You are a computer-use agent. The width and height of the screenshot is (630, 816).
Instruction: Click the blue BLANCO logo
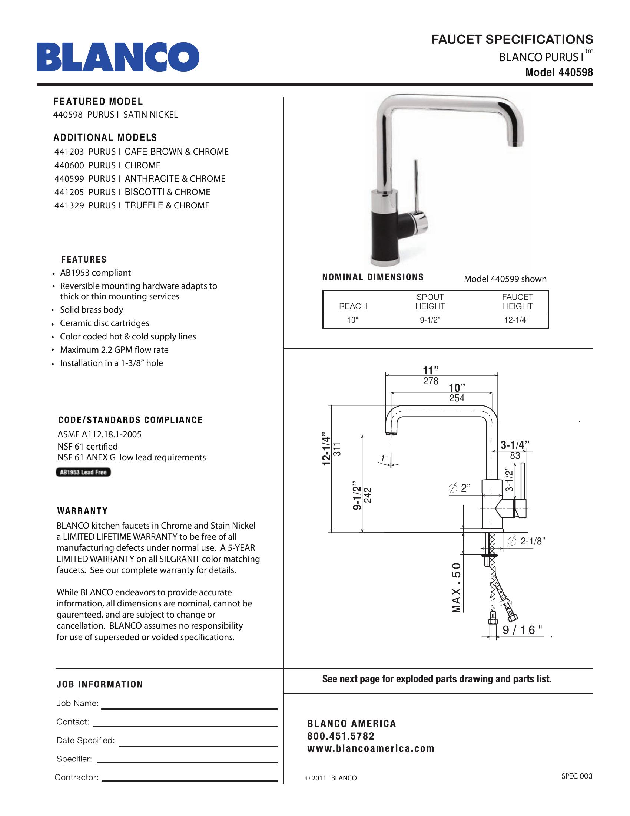pyautogui.click(x=117, y=57)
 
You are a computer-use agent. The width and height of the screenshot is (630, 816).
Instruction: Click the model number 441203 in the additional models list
pyautogui.click(x=69, y=152)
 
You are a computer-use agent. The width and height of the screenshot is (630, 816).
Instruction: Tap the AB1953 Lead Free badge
pyautogui.click(x=83, y=472)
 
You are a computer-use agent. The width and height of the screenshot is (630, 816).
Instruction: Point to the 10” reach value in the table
pyautogui.click(x=352, y=320)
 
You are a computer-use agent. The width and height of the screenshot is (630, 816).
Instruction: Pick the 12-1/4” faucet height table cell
pyautogui.click(x=517, y=320)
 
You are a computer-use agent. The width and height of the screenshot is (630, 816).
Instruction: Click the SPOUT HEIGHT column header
pyautogui.click(x=430, y=302)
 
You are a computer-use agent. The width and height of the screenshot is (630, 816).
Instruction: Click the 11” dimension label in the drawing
pyautogui.click(x=430, y=370)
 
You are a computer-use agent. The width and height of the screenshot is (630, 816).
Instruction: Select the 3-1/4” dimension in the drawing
pyautogui.click(x=515, y=445)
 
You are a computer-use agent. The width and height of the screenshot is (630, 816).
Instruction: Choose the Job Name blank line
pyautogui.click(x=190, y=708)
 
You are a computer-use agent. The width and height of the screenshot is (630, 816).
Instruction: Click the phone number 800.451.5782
pyautogui.click(x=341, y=736)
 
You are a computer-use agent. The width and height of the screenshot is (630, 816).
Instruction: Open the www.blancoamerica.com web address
pyautogui.click(x=371, y=748)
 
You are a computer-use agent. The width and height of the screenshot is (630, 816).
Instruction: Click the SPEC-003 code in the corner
pyautogui.click(x=577, y=776)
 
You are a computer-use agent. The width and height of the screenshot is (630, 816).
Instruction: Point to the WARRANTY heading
pyautogui.click(x=83, y=511)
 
